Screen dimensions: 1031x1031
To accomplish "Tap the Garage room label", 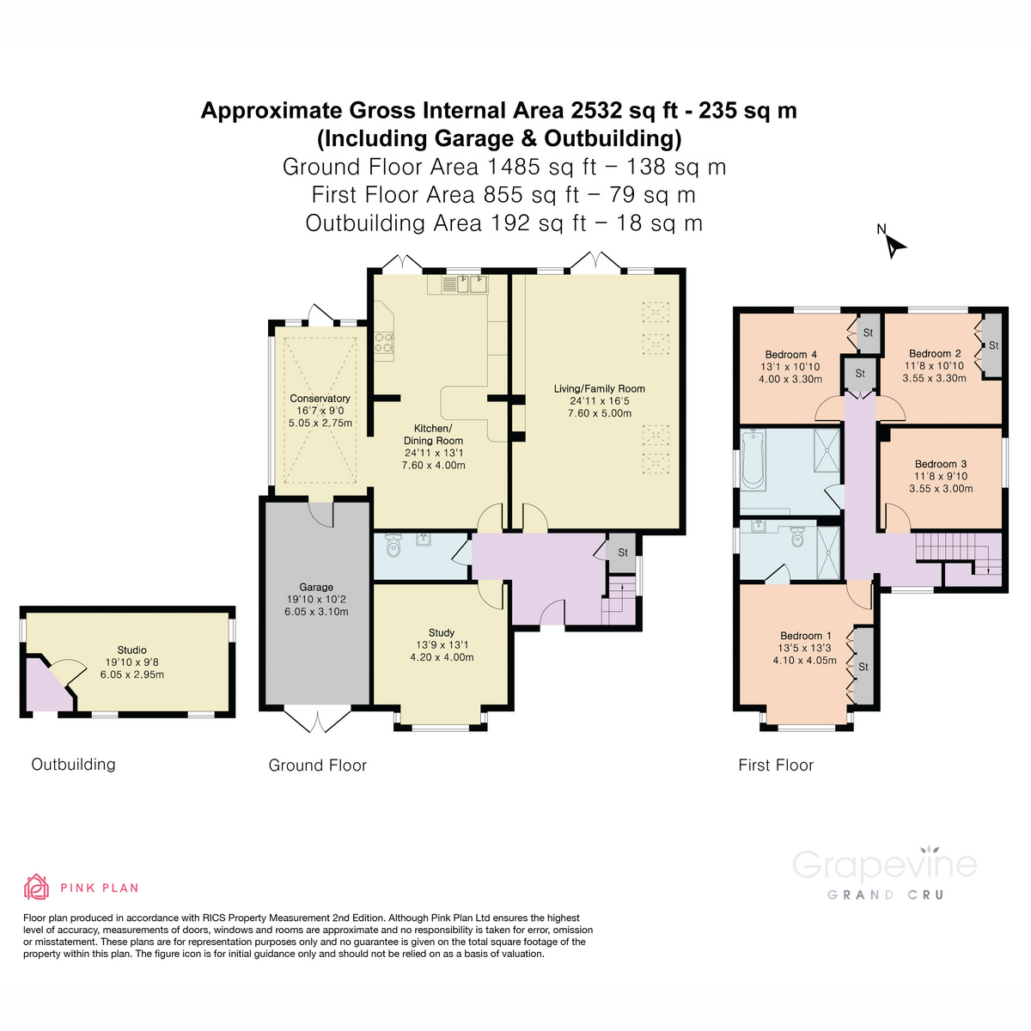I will point(316,588).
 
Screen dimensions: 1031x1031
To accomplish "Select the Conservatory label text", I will point(320,399).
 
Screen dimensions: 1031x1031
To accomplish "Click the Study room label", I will point(442,632).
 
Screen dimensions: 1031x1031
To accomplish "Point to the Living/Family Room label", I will point(599,389).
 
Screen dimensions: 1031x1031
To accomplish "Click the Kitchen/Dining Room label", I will point(433,434).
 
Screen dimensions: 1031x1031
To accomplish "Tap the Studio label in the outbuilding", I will point(131,650).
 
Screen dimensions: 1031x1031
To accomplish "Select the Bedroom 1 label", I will point(804,636).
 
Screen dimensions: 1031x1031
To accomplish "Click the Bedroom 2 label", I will point(935,353).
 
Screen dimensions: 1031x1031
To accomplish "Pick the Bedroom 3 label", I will point(941,464).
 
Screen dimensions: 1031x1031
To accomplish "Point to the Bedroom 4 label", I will point(790,354).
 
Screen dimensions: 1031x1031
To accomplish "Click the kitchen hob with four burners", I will point(383,343).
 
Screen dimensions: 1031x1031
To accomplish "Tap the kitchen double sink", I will point(465,284).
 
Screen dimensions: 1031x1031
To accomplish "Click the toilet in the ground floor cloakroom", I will point(394,545).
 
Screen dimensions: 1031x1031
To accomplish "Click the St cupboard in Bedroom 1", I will point(863,667).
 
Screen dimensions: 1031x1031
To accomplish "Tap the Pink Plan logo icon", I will point(36,887).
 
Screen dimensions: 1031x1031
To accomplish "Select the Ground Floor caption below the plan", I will point(317,765).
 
